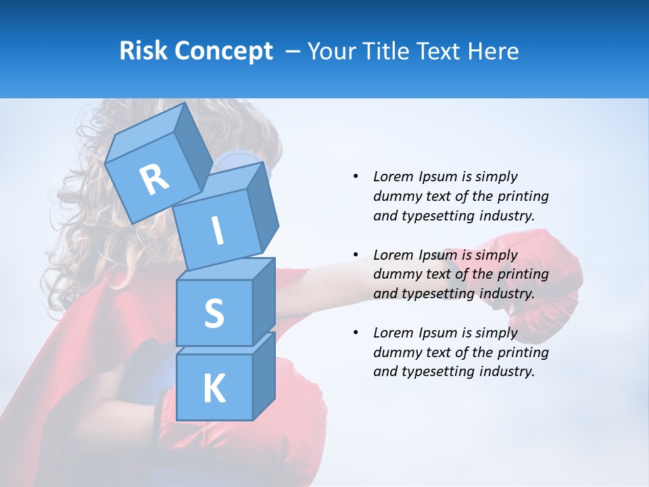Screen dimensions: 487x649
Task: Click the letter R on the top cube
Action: tap(154, 179)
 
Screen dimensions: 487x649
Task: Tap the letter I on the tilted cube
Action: tap(218, 231)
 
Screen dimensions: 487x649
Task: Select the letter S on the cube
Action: tap(214, 313)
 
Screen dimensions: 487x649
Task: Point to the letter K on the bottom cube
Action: tap(214, 389)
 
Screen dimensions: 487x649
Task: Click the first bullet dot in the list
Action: tap(356, 177)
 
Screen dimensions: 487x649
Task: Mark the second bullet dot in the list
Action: tap(356, 255)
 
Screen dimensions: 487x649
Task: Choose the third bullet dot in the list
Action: tap(356, 333)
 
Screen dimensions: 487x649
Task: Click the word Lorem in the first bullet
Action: tap(393, 177)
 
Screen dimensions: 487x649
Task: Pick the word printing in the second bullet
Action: tap(523, 275)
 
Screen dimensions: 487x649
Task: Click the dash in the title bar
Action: tap(293, 51)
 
